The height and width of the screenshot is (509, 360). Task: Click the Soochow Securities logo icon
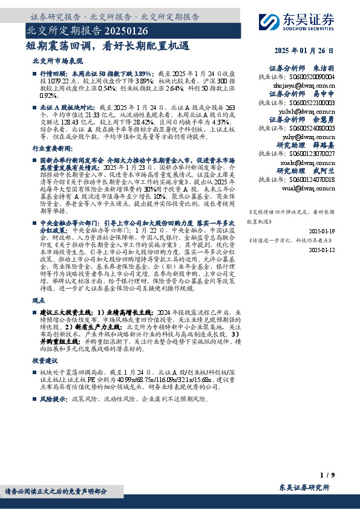coord(267,21)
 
